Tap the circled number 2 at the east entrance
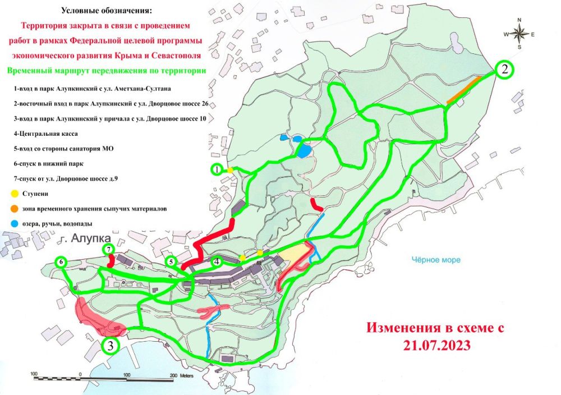click(x=505, y=70)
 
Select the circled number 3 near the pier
click(x=111, y=346)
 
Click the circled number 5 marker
click(x=172, y=261)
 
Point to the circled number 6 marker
click(x=61, y=262)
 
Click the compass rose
click(x=519, y=34)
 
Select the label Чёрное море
click(x=436, y=260)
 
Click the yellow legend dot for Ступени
click(x=15, y=194)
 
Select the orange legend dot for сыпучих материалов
click(x=15, y=209)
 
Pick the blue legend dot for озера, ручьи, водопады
click(x=15, y=223)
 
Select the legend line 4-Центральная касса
click(x=47, y=134)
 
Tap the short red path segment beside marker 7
click(x=112, y=260)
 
